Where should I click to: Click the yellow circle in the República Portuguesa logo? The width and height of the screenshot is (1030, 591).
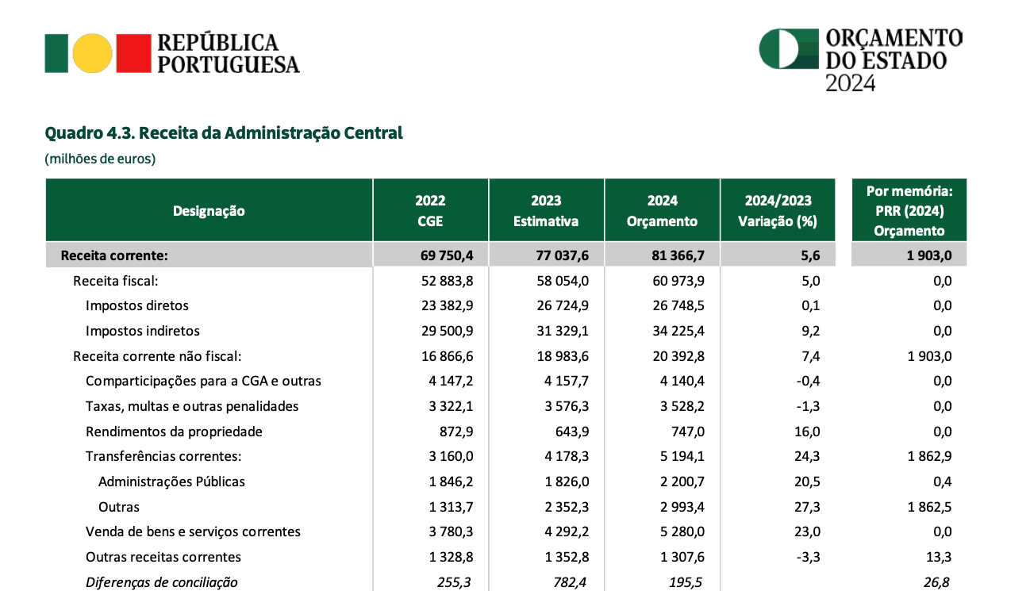92,53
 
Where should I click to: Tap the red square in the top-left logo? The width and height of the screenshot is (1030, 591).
134,53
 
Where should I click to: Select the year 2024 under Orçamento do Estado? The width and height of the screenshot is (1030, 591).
850,83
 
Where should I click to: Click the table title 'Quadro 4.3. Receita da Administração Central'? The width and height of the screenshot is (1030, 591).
224,132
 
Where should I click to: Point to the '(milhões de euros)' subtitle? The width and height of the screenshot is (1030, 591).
100,159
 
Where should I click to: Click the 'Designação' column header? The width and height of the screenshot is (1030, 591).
209,211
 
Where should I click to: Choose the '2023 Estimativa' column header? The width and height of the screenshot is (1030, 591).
546,211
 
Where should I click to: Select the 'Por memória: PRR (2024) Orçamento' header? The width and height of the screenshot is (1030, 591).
909,211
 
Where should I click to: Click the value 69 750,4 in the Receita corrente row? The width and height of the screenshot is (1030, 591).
447,255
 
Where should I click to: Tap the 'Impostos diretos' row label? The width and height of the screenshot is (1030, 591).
137,305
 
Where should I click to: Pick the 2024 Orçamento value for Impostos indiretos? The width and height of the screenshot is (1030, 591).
678,331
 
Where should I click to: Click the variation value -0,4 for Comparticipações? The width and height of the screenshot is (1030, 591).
808,381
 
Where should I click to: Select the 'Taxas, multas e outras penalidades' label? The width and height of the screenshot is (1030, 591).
192,406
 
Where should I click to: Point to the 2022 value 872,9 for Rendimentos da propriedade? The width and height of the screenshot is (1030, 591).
456,432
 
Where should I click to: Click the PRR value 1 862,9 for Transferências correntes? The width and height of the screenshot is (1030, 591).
929,456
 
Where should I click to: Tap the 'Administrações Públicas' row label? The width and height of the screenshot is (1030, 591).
171,482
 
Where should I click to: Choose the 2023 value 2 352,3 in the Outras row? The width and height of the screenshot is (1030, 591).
567,507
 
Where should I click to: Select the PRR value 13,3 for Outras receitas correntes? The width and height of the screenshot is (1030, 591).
939,557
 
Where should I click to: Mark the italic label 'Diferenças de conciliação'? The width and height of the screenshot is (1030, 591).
161,582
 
